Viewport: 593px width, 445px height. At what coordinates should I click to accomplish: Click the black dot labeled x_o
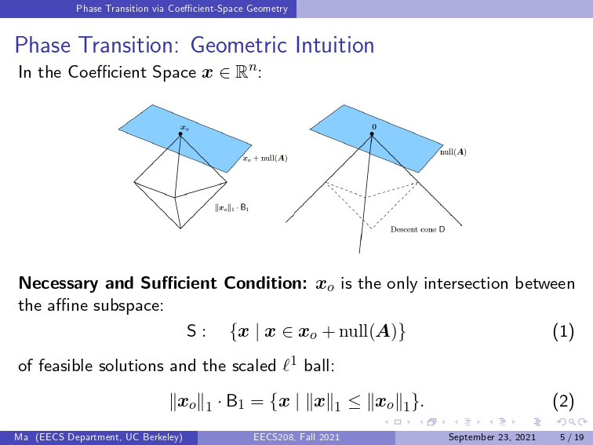coord(180,134)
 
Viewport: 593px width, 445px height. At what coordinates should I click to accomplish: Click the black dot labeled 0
coord(372,134)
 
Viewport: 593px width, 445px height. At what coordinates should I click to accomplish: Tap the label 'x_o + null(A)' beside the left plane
coord(265,159)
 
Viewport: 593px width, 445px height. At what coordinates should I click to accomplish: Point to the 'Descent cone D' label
coord(417,229)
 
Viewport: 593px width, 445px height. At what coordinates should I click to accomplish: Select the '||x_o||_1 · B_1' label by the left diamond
coord(232,207)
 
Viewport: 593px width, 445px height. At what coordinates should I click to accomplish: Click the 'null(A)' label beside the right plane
coord(453,152)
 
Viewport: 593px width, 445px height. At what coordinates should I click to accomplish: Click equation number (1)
coord(563,331)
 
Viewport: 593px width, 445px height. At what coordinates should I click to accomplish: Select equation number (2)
coord(563,402)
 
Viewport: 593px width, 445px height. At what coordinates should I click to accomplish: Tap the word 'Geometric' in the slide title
coord(240,46)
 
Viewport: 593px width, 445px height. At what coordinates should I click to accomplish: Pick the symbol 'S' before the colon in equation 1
coord(191,331)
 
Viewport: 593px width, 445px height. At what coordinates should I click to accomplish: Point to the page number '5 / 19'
coord(572,437)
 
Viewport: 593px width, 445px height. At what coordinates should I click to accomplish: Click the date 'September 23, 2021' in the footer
coord(492,437)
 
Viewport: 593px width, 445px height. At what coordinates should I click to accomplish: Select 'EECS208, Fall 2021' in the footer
coord(296,437)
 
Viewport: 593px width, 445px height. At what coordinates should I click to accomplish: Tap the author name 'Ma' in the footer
coord(21,437)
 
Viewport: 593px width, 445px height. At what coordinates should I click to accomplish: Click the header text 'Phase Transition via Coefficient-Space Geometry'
coord(182,9)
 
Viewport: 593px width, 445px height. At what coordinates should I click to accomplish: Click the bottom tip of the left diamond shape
coord(180,228)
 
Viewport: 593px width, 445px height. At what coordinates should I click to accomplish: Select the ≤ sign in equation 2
coord(355,402)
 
